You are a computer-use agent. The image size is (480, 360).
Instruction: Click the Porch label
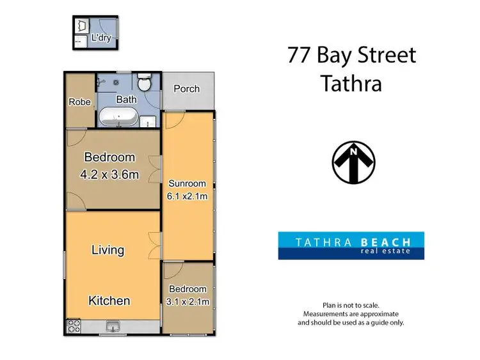(x=187, y=89)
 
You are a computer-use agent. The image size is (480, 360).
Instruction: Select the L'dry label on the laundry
(x=101, y=38)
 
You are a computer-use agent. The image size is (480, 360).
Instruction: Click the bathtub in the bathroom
(x=118, y=117)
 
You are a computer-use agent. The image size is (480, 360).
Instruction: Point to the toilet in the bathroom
(x=145, y=83)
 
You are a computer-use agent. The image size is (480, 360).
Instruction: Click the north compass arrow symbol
(x=353, y=162)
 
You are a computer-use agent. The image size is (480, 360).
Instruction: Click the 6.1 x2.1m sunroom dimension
(x=188, y=196)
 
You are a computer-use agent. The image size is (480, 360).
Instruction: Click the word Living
(x=107, y=249)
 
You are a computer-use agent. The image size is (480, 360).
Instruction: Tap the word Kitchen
(x=109, y=301)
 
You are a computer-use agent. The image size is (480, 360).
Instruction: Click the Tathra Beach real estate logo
(x=351, y=246)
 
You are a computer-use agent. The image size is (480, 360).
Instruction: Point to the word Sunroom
(x=188, y=182)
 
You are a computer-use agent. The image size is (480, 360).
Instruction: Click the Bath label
(x=126, y=100)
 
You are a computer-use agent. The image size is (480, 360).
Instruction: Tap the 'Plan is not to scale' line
(x=351, y=305)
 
